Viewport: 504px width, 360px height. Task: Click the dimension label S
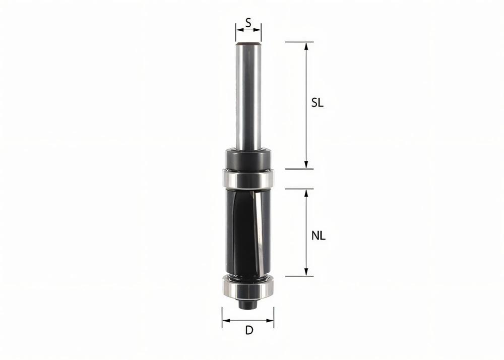coord(248,22)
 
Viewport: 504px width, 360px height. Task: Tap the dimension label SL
coord(317,103)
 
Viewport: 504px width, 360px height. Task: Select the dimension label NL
coord(318,235)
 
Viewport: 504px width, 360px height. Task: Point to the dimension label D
coord(248,331)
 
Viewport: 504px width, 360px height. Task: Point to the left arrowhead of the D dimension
coord(226,320)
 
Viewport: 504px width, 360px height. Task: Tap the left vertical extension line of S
coord(236,32)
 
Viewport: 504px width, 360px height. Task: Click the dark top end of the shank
coord(248,44)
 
